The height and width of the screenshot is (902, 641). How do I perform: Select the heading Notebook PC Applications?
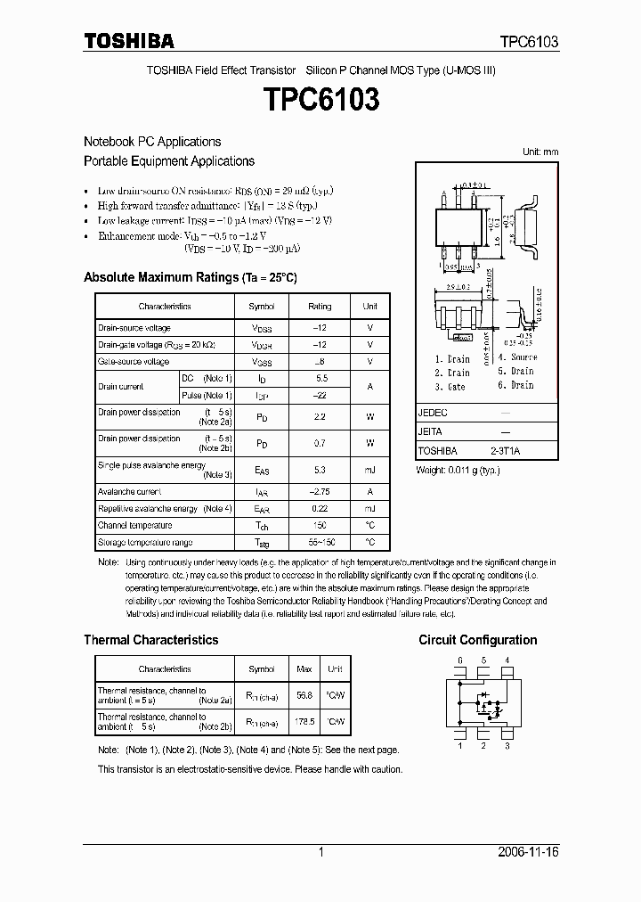[152, 142]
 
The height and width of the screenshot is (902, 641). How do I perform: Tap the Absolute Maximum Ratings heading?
[190, 277]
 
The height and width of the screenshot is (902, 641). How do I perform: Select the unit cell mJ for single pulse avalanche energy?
[369, 470]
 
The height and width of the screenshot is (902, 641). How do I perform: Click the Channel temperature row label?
[135, 526]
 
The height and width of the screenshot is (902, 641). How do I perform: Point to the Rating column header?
[320, 307]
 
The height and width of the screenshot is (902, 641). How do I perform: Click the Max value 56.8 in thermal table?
[305, 695]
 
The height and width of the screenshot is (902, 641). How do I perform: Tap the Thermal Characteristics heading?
[150, 640]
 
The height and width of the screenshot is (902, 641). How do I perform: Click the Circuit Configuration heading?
[477, 640]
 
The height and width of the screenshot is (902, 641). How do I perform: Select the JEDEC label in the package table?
[433, 414]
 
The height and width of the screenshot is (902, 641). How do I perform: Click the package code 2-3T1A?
[505, 452]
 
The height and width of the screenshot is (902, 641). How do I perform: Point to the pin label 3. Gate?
[450, 387]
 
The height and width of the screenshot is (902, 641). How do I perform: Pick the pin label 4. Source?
[517, 357]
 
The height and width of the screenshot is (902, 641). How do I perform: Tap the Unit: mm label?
[540, 152]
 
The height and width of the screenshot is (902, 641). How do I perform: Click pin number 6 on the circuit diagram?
[459, 660]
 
